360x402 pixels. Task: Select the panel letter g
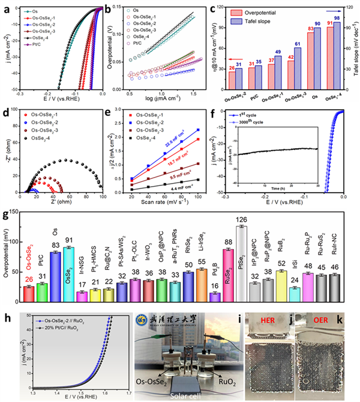pos(5,214)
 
